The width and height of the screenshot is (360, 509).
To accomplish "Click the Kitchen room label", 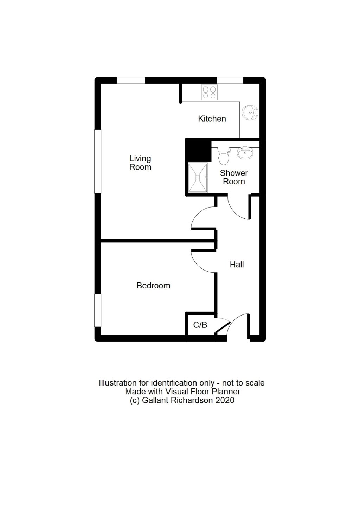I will point(212,119).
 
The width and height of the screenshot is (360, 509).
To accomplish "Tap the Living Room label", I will point(140,163).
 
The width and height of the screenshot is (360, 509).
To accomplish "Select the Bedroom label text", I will point(153,286).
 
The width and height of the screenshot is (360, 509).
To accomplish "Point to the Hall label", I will point(237,265).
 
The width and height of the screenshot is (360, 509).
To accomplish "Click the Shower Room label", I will point(234,177).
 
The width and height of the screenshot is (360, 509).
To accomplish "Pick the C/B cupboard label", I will point(200,325).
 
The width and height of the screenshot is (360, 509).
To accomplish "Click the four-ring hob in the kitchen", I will point(210,92).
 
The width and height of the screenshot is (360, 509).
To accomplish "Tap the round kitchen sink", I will point(250,112).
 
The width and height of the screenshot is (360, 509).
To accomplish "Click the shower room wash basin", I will point(245,153).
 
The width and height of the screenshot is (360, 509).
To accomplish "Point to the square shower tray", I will point(198,178).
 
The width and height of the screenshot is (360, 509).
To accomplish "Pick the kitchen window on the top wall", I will point(230,81).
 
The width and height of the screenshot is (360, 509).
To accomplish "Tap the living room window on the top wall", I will point(131,81).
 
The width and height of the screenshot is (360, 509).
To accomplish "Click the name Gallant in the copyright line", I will point(156,400).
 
